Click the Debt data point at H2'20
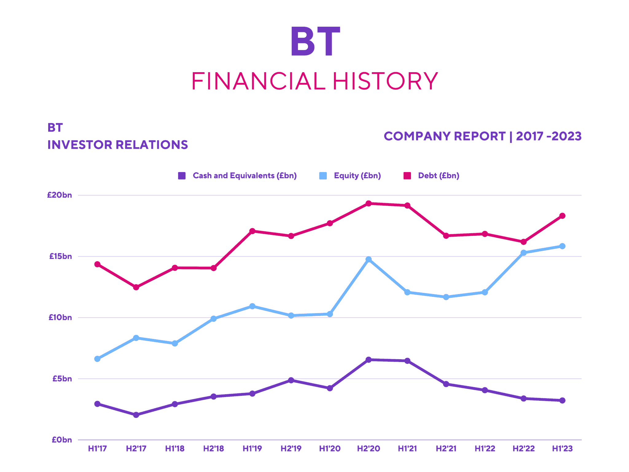coord(369,203)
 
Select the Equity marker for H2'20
coord(369,260)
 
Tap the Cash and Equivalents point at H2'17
coord(136,415)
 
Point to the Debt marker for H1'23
coord(562,216)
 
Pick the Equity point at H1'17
coord(97,359)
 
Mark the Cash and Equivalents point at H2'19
coord(291,380)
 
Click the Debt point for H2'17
coord(136,287)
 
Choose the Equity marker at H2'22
coord(524,253)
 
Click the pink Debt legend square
coord(407,176)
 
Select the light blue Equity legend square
coord(323,176)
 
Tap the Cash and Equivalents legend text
coord(244,176)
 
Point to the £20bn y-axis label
coord(60,195)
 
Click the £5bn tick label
coord(62,379)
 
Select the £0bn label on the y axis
coord(62,440)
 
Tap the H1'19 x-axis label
coord(252,449)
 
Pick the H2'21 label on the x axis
coord(446,449)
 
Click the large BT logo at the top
coord(315,41)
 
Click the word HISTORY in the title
coord(385,81)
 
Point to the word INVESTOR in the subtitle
coord(78,145)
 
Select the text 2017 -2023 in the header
coord(549,136)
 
